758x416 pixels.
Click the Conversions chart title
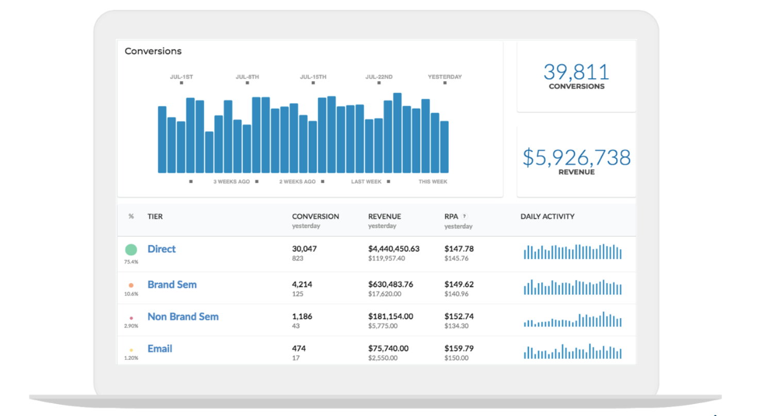(x=153, y=51)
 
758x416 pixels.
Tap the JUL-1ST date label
(x=182, y=77)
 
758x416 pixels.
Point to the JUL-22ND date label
(x=379, y=77)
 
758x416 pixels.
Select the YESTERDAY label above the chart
(x=444, y=77)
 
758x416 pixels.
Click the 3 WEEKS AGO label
(x=232, y=182)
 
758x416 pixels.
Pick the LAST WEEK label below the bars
(x=366, y=182)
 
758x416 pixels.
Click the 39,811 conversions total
(x=576, y=72)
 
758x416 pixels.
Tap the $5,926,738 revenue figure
(x=576, y=158)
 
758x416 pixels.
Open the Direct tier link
(x=161, y=249)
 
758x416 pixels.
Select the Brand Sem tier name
(x=172, y=285)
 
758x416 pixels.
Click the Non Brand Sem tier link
(x=183, y=317)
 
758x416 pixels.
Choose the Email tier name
(x=160, y=349)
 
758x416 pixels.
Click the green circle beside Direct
(x=131, y=250)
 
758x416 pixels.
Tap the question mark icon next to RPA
(x=464, y=217)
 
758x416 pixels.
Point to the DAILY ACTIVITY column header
(x=547, y=217)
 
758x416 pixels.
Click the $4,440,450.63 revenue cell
(x=393, y=249)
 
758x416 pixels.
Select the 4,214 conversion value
(x=302, y=284)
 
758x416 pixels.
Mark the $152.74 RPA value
(x=459, y=316)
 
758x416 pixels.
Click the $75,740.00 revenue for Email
(x=388, y=349)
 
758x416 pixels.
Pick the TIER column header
(x=155, y=217)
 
